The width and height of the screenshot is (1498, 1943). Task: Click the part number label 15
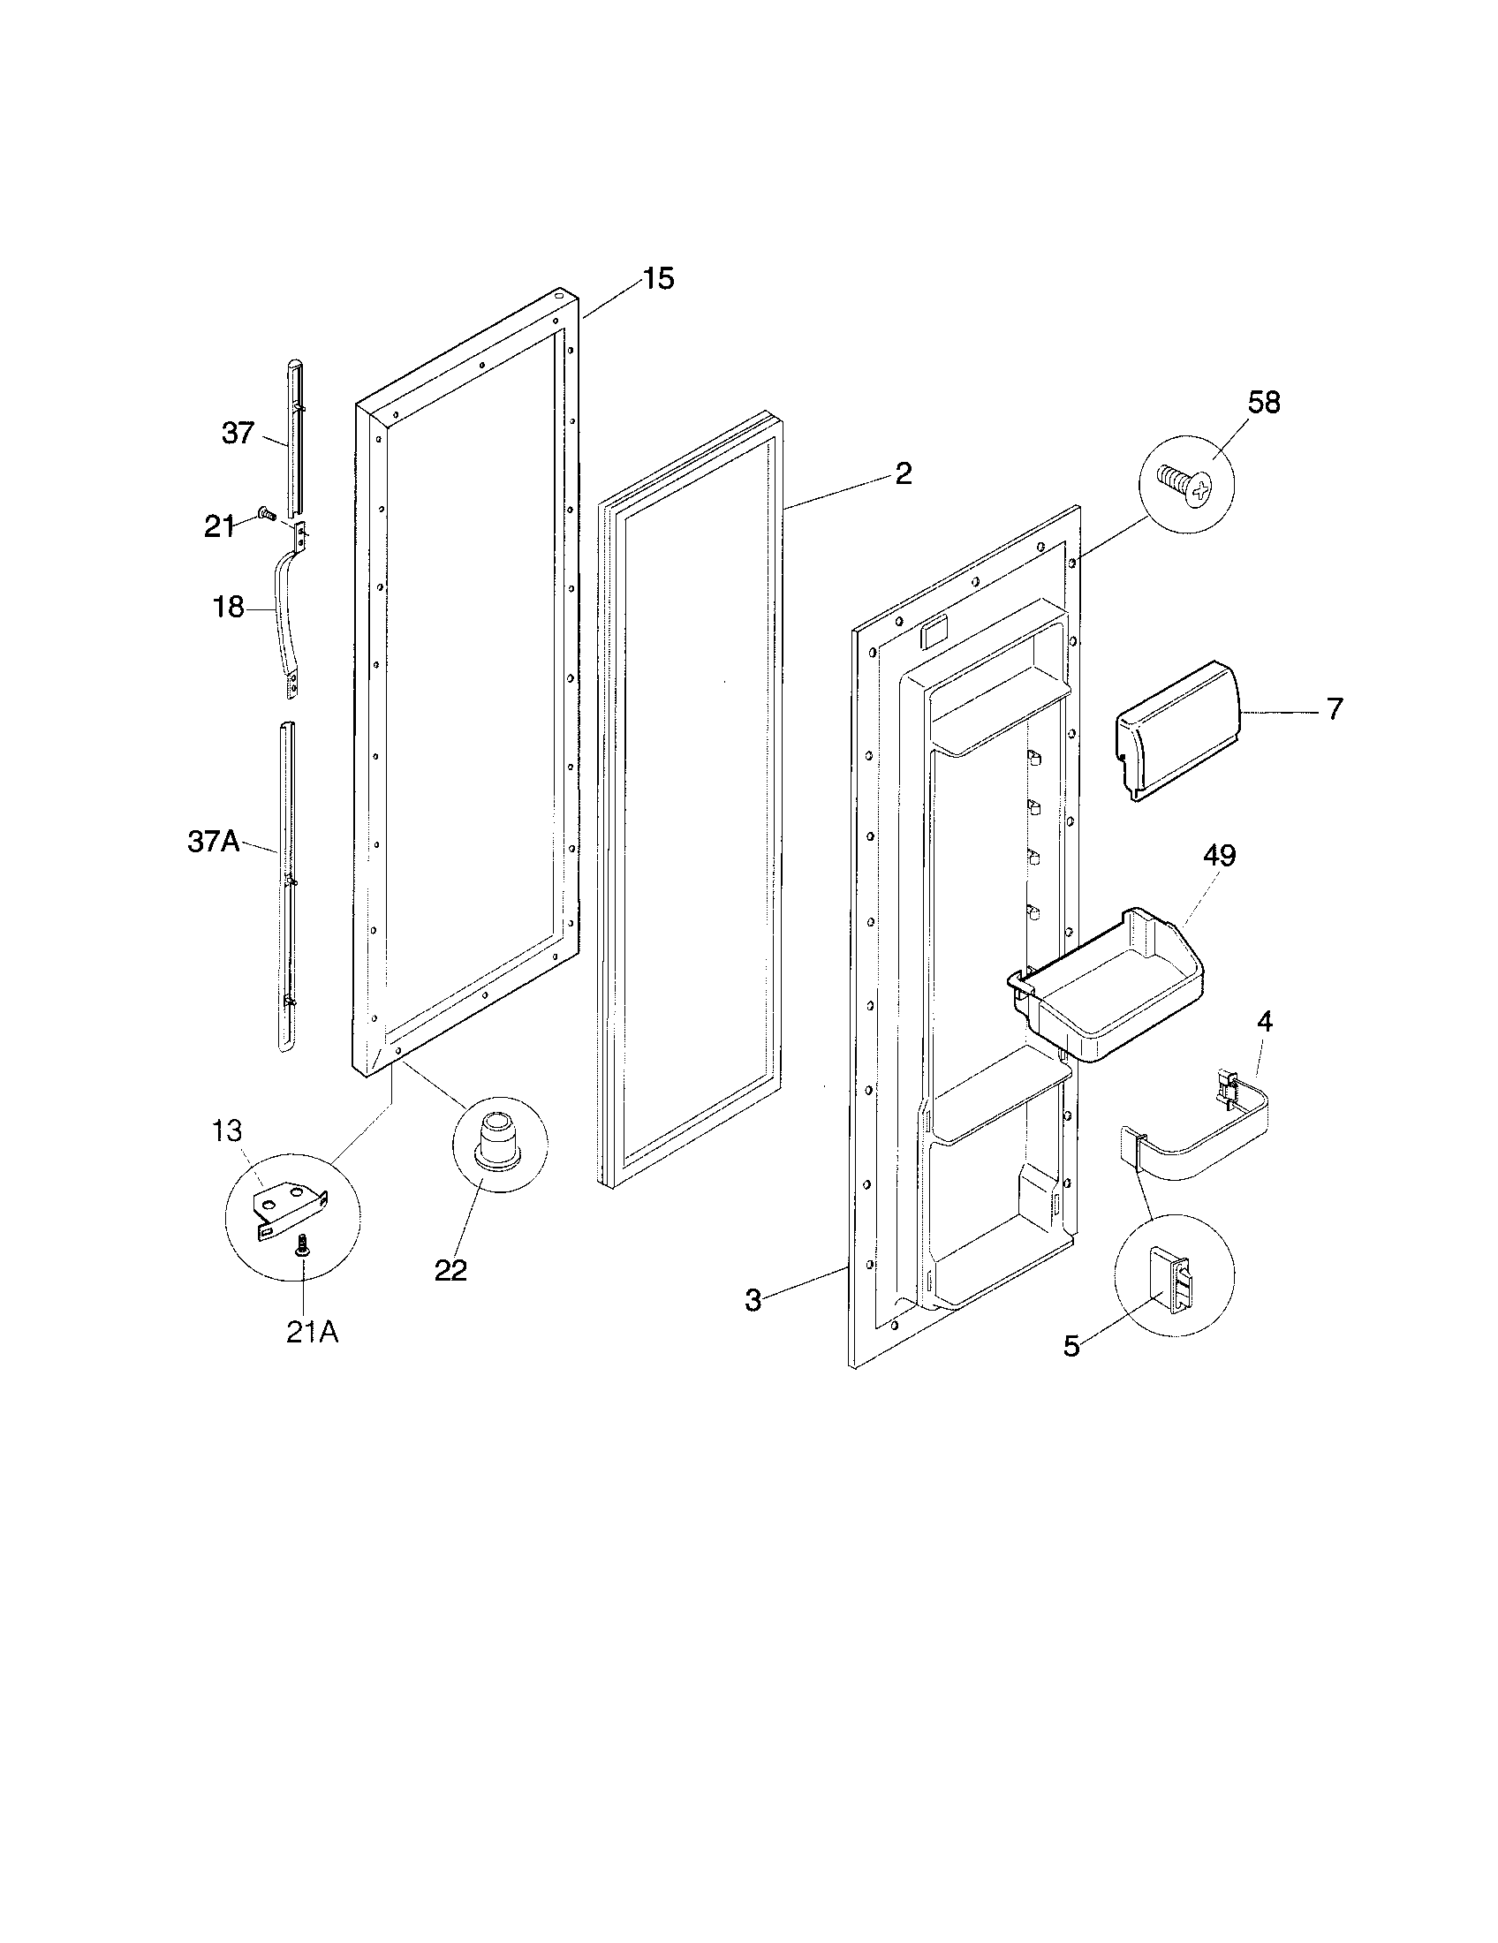pos(658,278)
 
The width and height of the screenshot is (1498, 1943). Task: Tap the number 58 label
pos(1263,402)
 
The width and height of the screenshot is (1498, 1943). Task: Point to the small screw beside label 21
pos(265,513)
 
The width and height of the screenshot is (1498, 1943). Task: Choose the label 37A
pos(213,841)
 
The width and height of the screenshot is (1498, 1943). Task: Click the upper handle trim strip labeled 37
pos(294,436)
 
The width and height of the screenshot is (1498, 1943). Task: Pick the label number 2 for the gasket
pos(903,473)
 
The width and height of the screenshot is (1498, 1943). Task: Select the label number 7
pos(1335,709)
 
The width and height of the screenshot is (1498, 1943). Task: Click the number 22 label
pos(450,1269)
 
